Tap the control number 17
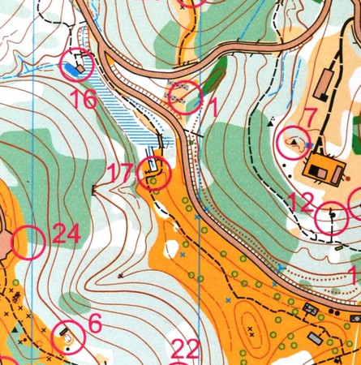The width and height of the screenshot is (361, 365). click(x=119, y=173)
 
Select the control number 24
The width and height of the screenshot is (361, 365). click(x=67, y=235)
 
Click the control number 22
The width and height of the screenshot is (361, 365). click(x=185, y=350)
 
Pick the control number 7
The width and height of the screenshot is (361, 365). click(x=308, y=118)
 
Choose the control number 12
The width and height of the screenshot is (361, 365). click(x=300, y=202)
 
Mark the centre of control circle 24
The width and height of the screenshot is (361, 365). click(x=28, y=242)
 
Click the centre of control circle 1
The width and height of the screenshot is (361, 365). click(x=186, y=97)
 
